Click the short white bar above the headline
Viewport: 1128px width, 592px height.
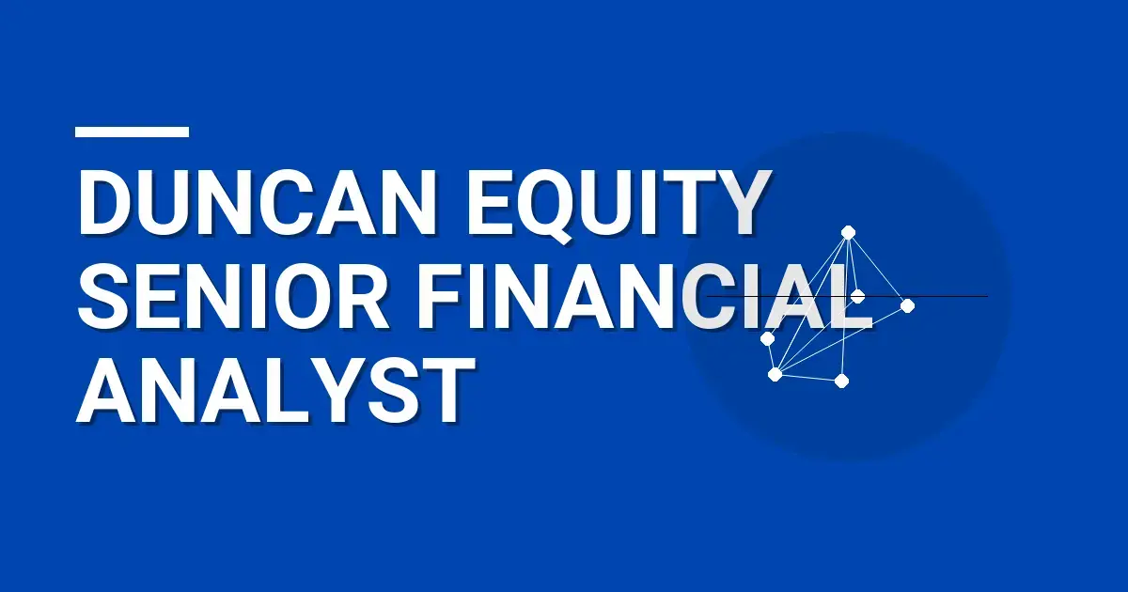(132, 132)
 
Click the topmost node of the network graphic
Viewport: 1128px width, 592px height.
(848, 232)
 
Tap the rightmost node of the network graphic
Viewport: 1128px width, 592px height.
(907, 305)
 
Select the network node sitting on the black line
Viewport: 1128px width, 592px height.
(857, 296)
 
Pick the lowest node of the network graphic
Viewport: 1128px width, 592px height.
(841, 380)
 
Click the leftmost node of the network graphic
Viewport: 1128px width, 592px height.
(767, 338)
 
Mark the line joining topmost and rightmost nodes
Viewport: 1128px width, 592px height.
(878, 269)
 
